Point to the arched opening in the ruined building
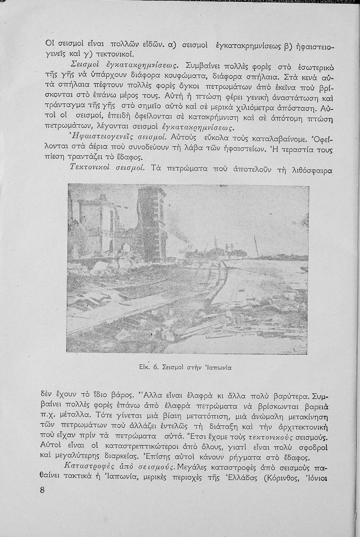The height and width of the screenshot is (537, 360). coord(126,248)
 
